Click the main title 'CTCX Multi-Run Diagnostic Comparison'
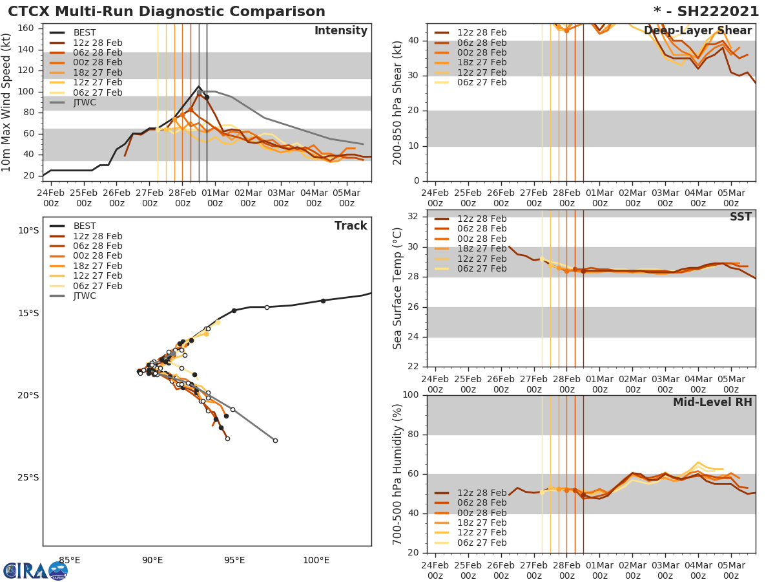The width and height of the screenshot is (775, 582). (167, 12)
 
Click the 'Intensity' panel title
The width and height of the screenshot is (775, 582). (340, 31)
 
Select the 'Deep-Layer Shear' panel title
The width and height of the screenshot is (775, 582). (697, 31)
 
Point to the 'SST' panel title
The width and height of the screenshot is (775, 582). (740, 217)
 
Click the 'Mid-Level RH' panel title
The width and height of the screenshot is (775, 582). (712, 403)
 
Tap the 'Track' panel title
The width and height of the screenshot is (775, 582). (351, 226)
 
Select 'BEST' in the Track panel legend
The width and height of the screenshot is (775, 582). (85, 226)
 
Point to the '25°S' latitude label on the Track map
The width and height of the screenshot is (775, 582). (28, 478)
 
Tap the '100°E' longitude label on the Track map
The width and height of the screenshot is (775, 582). (316, 561)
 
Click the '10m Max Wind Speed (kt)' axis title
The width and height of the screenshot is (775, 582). (7, 102)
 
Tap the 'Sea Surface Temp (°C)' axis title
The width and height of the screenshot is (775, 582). (398, 288)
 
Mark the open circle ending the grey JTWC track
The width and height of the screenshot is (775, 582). (275, 440)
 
